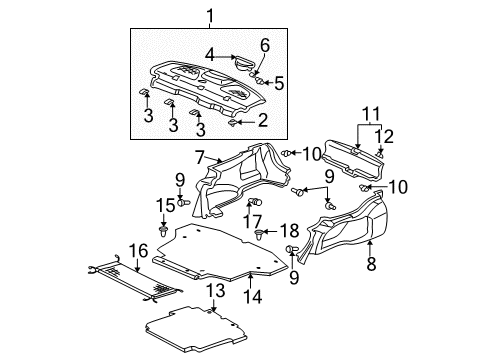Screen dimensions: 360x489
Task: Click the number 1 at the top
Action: click(x=210, y=15)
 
